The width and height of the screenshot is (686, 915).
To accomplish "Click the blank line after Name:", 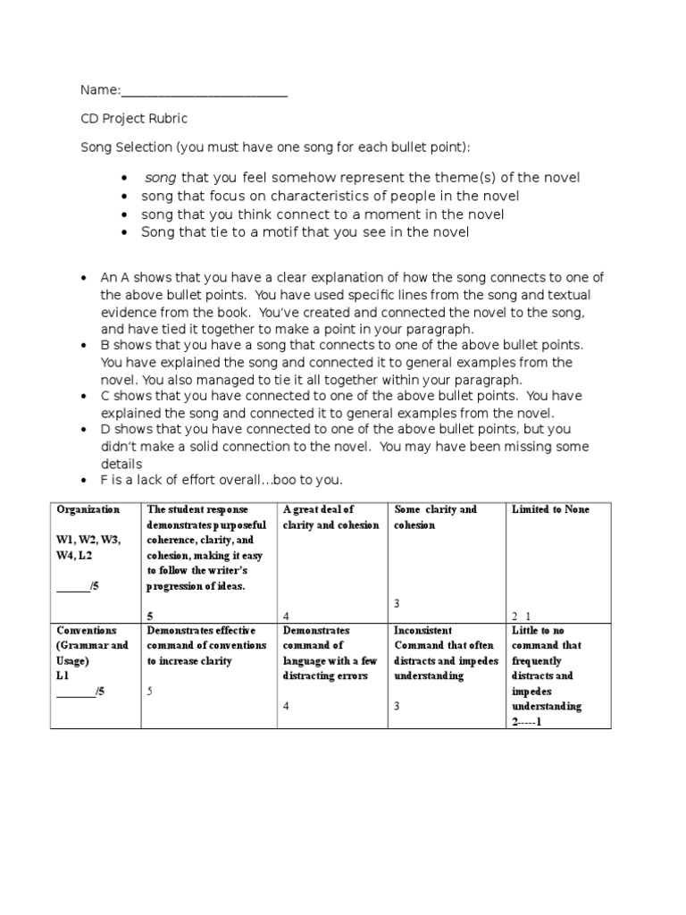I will click(x=204, y=93).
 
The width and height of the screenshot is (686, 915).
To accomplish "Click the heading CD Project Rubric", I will click(x=134, y=119).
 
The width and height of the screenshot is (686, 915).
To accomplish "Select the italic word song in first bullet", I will click(x=161, y=178).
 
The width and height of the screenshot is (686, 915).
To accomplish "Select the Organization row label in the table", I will click(x=88, y=509).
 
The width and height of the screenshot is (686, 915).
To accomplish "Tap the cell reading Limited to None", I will click(x=550, y=509).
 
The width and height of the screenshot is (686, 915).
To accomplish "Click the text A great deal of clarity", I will click(x=330, y=517).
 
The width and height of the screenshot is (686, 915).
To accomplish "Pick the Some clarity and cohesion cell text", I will click(x=435, y=517).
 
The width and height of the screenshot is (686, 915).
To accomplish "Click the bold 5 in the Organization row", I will click(x=148, y=616).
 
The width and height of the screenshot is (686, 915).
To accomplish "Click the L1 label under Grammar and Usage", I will click(x=63, y=676).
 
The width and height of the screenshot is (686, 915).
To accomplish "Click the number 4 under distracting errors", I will click(x=286, y=707).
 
